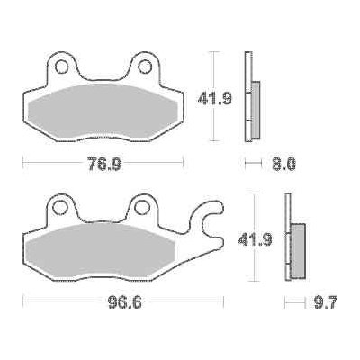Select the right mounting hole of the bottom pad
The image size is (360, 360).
click(x=142, y=209)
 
